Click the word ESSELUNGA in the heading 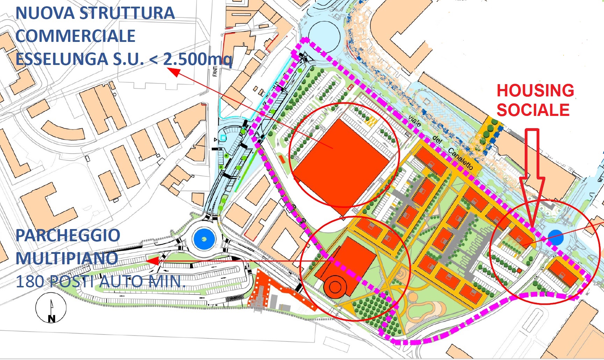point(62,59)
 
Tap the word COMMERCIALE point(75,36)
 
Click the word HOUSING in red point(535,90)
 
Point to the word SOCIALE point(533,110)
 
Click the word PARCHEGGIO point(68,236)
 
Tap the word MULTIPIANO point(67,258)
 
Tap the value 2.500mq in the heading point(197,59)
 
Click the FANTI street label point(215,71)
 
